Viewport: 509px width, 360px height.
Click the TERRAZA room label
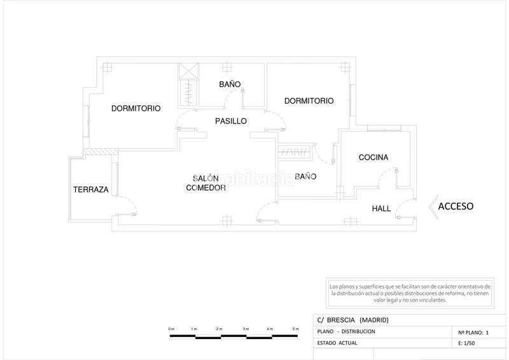[91, 190]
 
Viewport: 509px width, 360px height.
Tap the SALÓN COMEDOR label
[206, 183]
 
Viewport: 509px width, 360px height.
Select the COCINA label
[373, 158]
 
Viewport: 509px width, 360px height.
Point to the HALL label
[381, 209]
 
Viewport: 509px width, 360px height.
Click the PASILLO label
[231, 121]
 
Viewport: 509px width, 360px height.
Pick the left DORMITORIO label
[136, 108]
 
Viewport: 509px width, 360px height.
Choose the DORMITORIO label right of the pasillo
[309, 101]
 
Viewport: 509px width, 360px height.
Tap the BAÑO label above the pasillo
[230, 85]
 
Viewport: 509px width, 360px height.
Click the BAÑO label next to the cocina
[305, 176]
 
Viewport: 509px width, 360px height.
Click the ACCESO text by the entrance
[456, 206]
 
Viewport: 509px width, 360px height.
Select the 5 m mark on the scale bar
[295, 329]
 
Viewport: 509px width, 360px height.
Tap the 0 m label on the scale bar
[171, 329]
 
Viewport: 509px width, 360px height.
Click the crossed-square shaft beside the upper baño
[188, 71]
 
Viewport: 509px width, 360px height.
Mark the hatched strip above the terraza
[101, 152]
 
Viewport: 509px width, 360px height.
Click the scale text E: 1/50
[466, 343]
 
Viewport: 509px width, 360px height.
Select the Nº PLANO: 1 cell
[473, 333]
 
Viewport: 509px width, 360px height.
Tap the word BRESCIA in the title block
[341, 320]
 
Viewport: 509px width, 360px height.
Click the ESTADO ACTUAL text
[337, 343]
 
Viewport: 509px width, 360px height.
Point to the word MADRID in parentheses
[374, 320]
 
